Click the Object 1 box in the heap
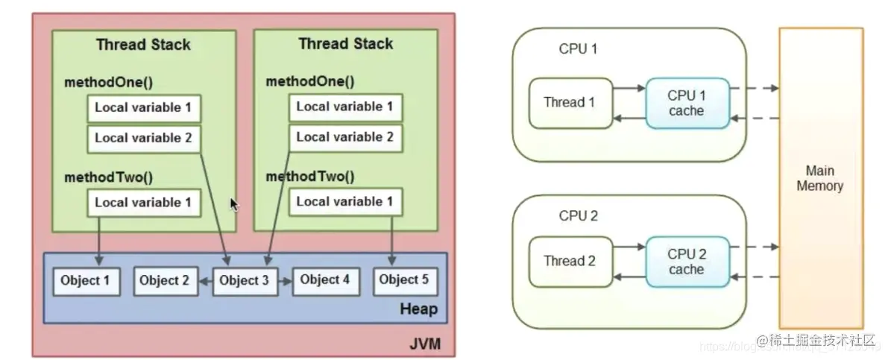(x=86, y=281)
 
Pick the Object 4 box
(x=324, y=281)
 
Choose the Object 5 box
(x=403, y=281)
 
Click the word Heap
(x=418, y=309)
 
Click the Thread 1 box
(x=570, y=103)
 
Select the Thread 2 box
(x=570, y=262)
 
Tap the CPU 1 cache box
(x=686, y=103)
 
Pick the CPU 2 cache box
(x=686, y=262)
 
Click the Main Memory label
(x=819, y=179)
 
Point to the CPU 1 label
(x=578, y=49)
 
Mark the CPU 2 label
(x=578, y=216)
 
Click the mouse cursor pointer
(x=234, y=204)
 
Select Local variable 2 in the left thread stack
(x=143, y=138)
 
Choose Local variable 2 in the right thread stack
(x=344, y=137)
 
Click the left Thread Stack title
(x=143, y=45)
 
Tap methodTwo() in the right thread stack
(x=310, y=177)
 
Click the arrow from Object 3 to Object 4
(x=283, y=282)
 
